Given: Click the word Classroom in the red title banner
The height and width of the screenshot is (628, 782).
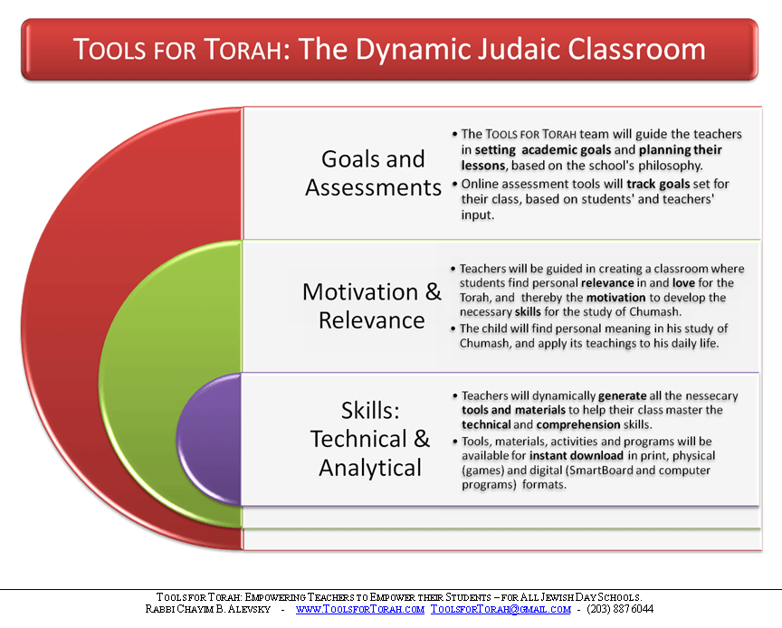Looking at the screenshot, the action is [636, 49].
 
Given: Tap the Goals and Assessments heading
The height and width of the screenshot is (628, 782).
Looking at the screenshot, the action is [373, 173].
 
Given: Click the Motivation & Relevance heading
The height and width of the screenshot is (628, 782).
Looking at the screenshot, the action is [372, 306].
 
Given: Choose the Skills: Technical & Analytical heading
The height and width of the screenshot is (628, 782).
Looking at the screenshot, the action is [370, 439].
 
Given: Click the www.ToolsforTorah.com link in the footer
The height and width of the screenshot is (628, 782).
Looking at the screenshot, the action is [360, 609].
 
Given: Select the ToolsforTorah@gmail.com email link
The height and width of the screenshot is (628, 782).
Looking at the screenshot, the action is [501, 609].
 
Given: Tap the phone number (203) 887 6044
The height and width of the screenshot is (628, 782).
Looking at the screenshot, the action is [620, 609].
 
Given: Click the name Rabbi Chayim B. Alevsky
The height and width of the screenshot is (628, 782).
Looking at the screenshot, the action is [208, 609].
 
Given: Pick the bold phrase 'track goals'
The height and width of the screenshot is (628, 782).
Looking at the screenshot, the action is [658, 184].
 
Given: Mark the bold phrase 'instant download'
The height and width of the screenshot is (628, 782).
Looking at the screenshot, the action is [577, 455].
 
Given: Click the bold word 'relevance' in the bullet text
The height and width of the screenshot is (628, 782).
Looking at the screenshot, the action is [607, 283].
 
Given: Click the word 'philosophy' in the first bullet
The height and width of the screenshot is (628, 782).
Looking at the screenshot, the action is [670, 166].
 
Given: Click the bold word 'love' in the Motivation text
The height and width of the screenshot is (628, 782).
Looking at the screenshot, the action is [683, 283].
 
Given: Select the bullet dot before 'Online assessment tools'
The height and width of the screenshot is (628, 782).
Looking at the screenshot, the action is [455, 184].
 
